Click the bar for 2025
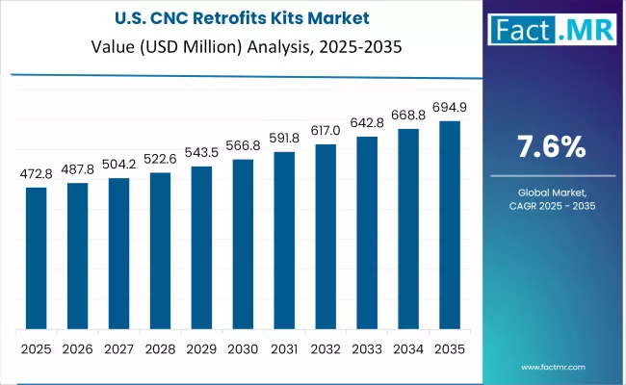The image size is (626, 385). (36, 257)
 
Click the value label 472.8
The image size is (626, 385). (36, 174)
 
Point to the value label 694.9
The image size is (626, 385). (450, 108)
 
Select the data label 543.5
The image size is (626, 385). (201, 153)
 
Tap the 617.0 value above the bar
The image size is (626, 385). (326, 131)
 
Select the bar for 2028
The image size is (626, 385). (160, 250)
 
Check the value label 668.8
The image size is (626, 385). (408, 115)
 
